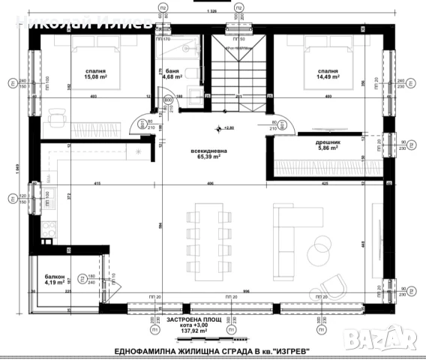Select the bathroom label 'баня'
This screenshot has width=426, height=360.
pos(172,70)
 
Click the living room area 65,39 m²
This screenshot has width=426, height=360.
pos(205,157)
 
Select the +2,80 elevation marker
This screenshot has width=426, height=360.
pos(223,129)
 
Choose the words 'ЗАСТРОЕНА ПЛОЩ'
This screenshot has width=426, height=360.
pos(193,319)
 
